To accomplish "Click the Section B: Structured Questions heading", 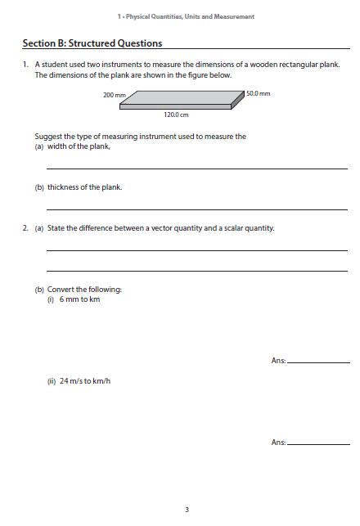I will [x=92, y=43].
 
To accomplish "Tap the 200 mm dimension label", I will [x=114, y=96].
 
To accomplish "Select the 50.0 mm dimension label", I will [x=259, y=94].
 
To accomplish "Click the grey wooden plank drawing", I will [x=182, y=99].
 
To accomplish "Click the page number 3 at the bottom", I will [x=187, y=510].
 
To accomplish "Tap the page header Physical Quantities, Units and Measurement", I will [x=186, y=16].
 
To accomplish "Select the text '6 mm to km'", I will [x=79, y=299].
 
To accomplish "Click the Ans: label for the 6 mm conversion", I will [x=278, y=361].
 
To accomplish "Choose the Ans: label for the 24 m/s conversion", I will [x=278, y=443].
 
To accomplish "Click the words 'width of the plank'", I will [x=79, y=146].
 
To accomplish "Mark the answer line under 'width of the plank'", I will [x=196, y=169].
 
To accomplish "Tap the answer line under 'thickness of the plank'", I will [x=196, y=209].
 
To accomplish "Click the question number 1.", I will [x=25, y=64].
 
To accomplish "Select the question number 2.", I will [x=25, y=228].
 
